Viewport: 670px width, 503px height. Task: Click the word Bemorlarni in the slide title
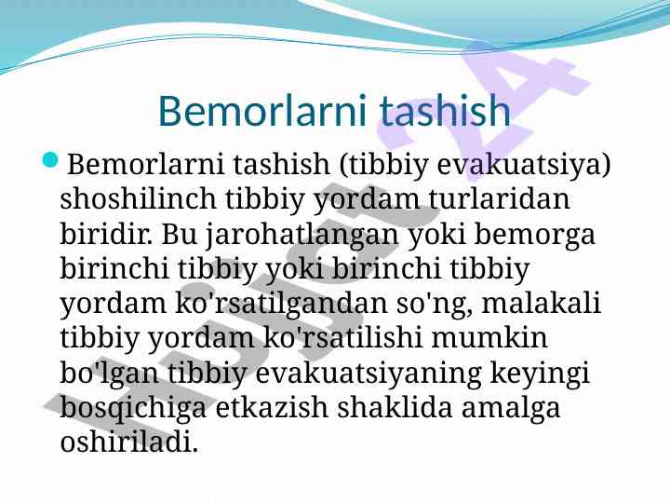click(x=262, y=110)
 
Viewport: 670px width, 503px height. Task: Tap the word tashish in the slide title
click(x=445, y=110)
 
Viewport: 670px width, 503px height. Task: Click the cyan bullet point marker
click(x=50, y=160)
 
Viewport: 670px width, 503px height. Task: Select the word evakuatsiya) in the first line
click(x=524, y=165)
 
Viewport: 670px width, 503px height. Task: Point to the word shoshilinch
click(x=138, y=198)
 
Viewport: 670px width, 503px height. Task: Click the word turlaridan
click(x=499, y=198)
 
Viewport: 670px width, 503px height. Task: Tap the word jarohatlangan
click(x=301, y=236)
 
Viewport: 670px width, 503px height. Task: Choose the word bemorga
click(x=534, y=236)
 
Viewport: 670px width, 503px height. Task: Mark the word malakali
click(x=541, y=303)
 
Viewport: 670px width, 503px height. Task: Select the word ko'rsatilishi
click(x=342, y=337)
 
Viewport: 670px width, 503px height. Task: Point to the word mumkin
click(x=489, y=337)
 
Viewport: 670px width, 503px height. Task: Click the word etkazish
click(x=272, y=406)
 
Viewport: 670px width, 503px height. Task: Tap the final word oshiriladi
click(x=129, y=441)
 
